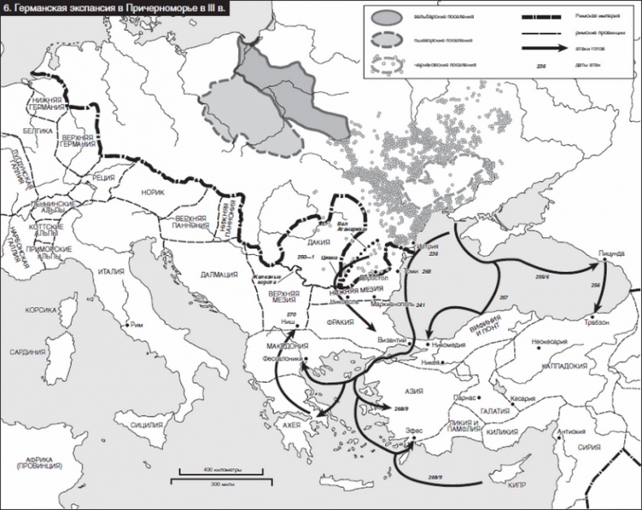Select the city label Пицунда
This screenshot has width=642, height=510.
(610, 253)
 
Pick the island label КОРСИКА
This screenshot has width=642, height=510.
(41, 310)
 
